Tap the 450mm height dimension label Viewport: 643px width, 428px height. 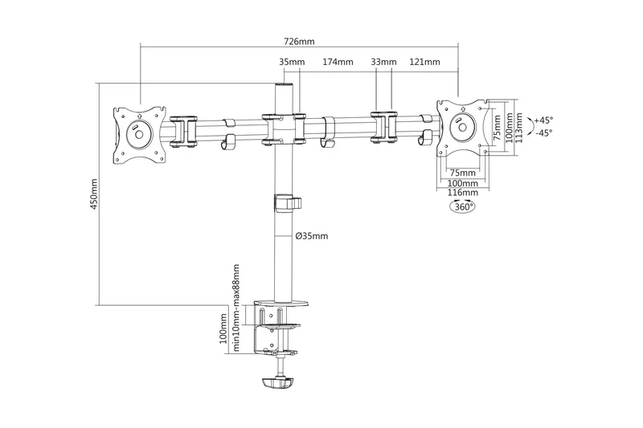pos(94,192)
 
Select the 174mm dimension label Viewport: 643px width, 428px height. pos(338,62)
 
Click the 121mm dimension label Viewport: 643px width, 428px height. pos(424,62)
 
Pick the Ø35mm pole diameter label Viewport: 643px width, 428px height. pos(312,236)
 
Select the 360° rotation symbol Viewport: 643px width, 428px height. pos(462,206)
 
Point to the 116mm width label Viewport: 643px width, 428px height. pos(462,193)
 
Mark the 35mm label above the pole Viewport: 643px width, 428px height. pos(292,62)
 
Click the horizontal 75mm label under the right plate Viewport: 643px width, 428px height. pos(462,173)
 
